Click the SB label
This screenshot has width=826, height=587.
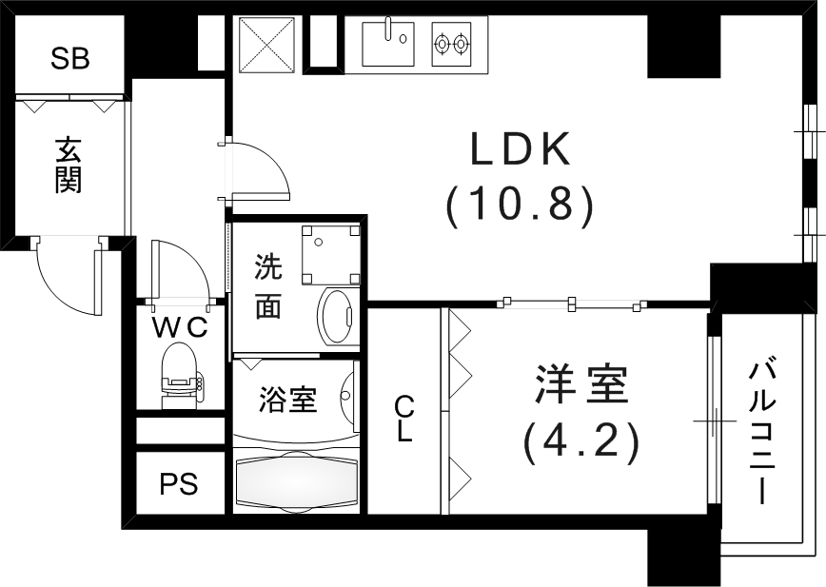tap(70, 60)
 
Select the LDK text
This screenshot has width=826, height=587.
tap(520, 151)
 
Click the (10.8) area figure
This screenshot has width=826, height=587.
tap(520, 204)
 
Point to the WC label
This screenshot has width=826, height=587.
tap(181, 327)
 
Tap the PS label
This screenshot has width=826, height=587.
tap(178, 484)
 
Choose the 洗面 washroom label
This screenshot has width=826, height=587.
tap(267, 287)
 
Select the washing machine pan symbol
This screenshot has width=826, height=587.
tap(330, 252)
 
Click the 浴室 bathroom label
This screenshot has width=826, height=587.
tap(287, 401)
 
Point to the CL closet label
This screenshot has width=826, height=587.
tap(404, 420)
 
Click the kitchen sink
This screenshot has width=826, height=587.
tap(389, 43)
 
